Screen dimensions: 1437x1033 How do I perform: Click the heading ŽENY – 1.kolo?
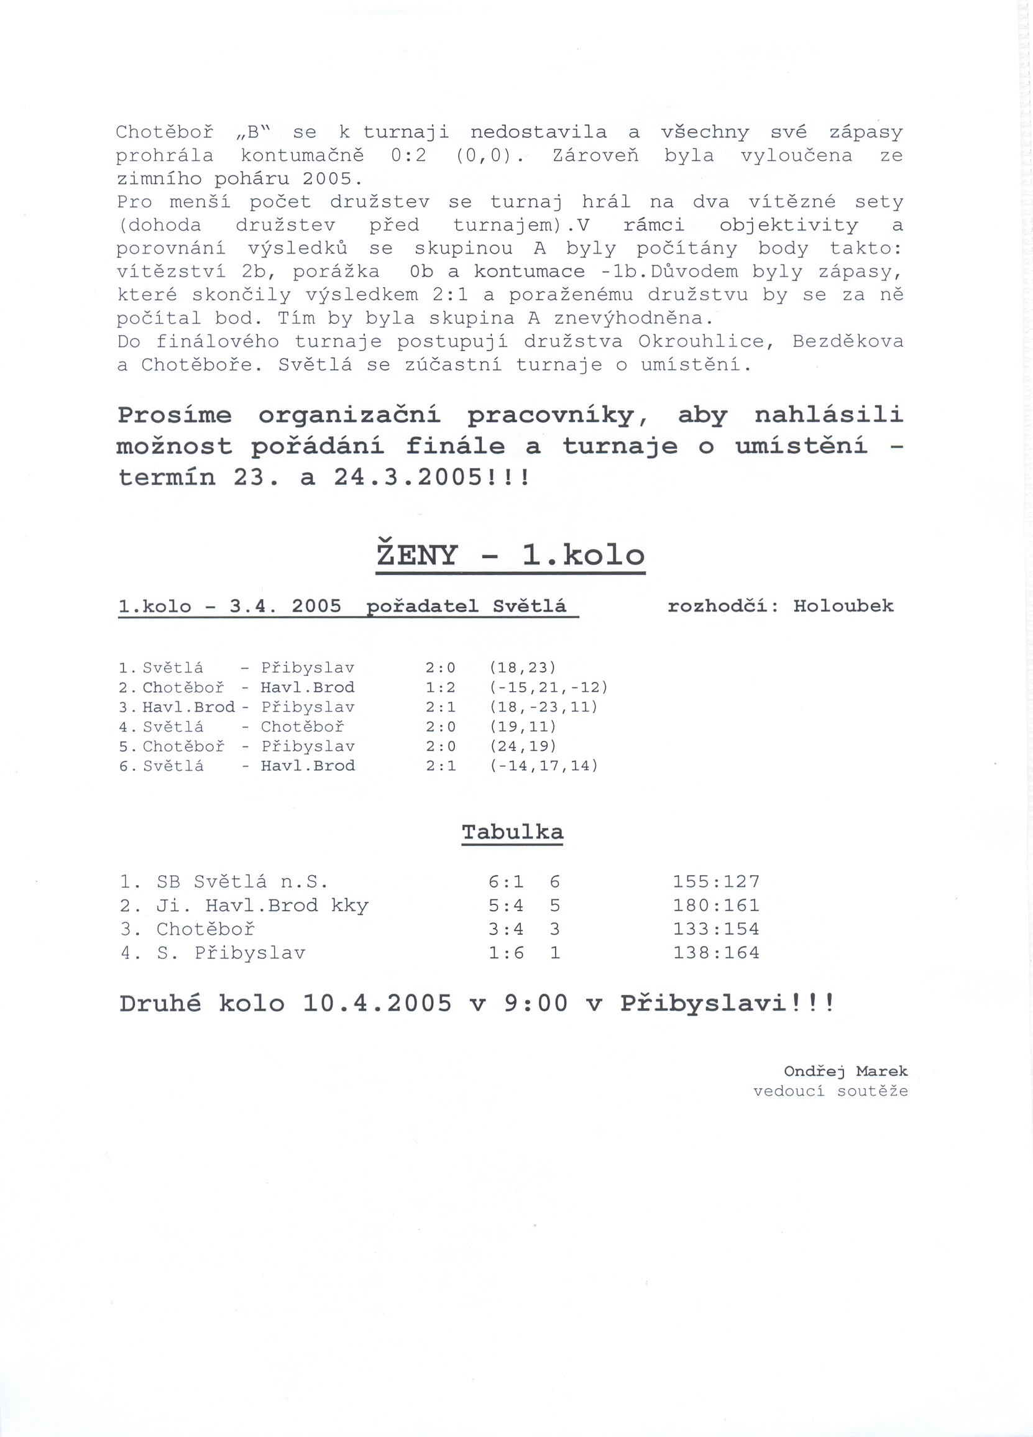(x=510, y=556)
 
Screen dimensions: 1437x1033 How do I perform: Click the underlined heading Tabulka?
(x=512, y=832)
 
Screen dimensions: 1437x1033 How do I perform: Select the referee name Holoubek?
(x=843, y=607)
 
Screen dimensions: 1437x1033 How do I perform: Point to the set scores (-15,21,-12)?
(x=549, y=687)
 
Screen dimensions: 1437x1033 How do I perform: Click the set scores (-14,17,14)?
(x=544, y=766)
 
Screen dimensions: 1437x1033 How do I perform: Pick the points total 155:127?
(x=715, y=882)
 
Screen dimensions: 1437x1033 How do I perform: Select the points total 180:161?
(x=715, y=906)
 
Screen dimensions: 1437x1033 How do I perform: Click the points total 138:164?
(x=715, y=953)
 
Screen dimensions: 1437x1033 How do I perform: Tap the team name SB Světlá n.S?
(x=242, y=882)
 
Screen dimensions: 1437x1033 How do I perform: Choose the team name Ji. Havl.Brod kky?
(x=262, y=906)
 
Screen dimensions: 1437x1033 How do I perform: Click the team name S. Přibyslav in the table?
(x=231, y=953)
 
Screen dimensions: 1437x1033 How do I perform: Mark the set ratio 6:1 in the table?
(x=506, y=882)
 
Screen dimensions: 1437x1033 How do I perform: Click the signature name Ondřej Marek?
(x=845, y=1072)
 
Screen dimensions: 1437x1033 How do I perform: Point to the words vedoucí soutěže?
(x=830, y=1091)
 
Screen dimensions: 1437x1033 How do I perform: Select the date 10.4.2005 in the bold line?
(x=377, y=1004)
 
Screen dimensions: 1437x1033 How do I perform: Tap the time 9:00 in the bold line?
(x=536, y=1004)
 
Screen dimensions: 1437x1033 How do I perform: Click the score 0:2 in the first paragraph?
(x=408, y=156)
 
